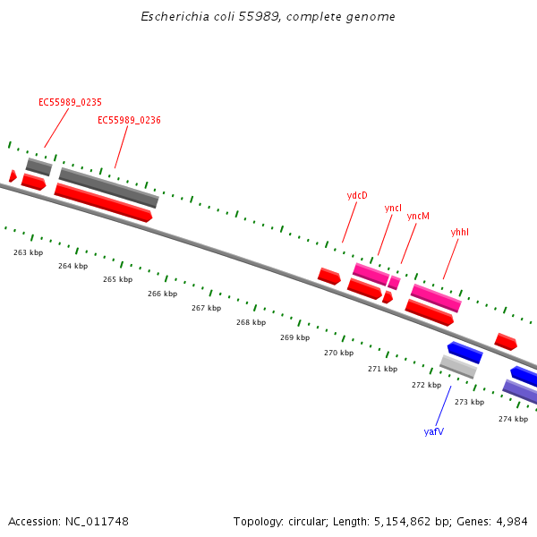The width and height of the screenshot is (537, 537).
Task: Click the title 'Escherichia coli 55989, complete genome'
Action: (x=268, y=17)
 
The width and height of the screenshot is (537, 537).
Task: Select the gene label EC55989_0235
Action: (x=70, y=102)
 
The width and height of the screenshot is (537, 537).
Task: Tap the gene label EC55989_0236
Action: (x=129, y=120)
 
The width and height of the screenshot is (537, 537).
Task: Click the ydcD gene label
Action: (x=357, y=195)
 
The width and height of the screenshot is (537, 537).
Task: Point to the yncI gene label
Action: (x=393, y=208)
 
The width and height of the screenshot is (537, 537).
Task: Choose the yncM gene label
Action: (x=418, y=216)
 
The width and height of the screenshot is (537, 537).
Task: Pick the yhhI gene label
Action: (x=460, y=232)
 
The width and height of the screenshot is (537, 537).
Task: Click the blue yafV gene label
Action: (x=434, y=431)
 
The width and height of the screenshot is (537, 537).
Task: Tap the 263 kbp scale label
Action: (x=28, y=252)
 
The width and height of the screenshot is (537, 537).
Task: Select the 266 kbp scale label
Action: (x=162, y=294)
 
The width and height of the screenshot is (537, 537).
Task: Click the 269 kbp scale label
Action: (x=294, y=337)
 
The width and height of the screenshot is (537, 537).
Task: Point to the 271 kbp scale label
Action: (x=382, y=369)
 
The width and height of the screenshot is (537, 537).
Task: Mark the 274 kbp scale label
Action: (x=513, y=419)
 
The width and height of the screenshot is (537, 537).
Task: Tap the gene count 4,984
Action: (x=511, y=521)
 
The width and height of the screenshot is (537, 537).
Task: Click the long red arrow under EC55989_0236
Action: (x=103, y=202)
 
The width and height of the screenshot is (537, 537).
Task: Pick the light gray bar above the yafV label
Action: (x=458, y=366)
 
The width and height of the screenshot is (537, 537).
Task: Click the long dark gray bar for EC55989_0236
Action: (x=108, y=188)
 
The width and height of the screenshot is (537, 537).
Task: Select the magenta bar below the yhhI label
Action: (x=436, y=298)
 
